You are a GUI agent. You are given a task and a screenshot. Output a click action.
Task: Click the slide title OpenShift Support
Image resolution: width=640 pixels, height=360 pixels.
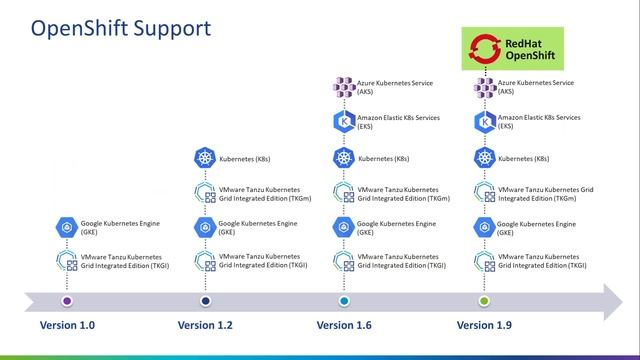[120, 27]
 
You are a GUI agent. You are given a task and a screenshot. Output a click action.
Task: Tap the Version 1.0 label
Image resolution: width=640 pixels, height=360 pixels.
[68, 325]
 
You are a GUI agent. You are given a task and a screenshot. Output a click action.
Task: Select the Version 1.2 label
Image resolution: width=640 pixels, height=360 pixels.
[206, 325]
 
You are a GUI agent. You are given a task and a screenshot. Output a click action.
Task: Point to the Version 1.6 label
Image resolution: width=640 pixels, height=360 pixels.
[345, 325]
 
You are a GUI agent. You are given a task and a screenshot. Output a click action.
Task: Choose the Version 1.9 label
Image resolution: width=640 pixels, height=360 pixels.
[485, 325]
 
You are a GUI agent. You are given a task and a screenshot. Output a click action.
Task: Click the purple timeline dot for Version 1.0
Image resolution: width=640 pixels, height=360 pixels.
[67, 300]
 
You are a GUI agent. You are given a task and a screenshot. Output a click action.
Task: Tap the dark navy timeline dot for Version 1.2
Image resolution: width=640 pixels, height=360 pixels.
[206, 300]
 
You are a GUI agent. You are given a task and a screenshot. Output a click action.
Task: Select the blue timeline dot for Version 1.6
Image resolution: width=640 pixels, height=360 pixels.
[345, 300]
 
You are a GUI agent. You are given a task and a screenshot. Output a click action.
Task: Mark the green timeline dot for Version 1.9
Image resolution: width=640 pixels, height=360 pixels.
[485, 300]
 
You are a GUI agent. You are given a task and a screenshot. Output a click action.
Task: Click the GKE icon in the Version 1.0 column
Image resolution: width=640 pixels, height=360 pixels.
[67, 227]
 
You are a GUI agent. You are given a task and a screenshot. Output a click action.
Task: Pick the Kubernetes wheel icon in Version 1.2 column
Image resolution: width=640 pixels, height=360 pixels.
[205, 159]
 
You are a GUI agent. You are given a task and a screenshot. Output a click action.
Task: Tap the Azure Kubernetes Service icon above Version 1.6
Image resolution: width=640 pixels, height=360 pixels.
[344, 87]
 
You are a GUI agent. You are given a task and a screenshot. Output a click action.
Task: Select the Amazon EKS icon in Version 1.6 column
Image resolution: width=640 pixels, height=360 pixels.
[344, 122]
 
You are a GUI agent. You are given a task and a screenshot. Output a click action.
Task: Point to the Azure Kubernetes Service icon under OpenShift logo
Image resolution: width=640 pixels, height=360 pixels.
[484, 87]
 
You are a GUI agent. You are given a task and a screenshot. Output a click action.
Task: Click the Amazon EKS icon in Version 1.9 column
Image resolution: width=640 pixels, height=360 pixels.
[484, 122]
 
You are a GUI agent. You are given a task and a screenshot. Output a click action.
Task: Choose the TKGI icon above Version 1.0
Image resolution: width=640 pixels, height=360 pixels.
[67, 262]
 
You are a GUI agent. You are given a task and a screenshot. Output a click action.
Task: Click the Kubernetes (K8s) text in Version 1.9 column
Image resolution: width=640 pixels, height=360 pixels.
[523, 159]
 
